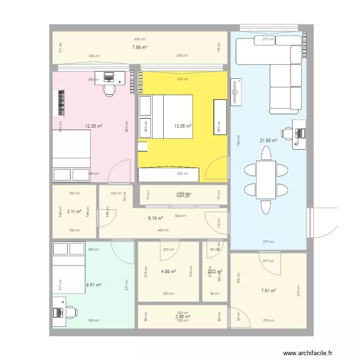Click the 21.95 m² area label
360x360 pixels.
tap(268, 141)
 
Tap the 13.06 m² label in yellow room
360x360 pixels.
tap(183, 126)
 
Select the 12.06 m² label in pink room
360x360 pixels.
tap(94, 126)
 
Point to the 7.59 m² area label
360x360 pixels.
tap(139, 47)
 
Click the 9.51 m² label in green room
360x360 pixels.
tap(94, 285)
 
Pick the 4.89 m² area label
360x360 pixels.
tap(168, 272)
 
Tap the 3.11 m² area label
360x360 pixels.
tap(74, 211)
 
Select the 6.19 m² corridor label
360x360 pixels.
tap(155, 218)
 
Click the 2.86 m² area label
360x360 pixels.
tap(182, 317)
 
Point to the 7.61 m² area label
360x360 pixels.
tap(268, 291)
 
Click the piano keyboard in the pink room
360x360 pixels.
tap(60, 103)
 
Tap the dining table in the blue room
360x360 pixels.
tap(266, 180)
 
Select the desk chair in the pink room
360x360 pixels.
tap(109, 89)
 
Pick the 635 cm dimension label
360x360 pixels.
tap(140, 39)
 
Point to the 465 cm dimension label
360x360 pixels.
tap(163, 230)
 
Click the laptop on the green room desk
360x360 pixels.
tap(58, 312)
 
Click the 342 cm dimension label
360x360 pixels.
tap(181, 216)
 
